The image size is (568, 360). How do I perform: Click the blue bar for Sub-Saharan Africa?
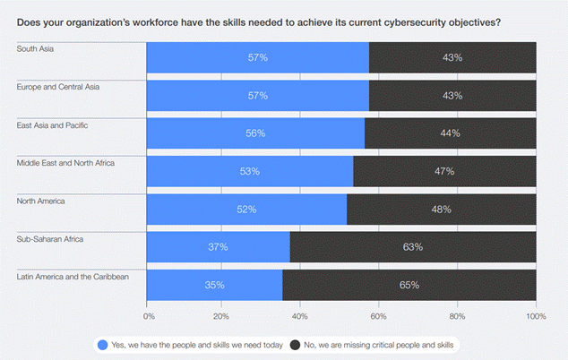coord(218,247)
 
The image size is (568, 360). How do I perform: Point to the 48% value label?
coord(441,210)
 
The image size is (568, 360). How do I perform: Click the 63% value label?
coord(413,247)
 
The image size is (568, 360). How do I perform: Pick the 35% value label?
coord(214,285)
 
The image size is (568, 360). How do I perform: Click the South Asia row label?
coord(35,48)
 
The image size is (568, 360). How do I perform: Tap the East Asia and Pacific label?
coord(55,124)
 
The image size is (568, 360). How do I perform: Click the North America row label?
coord(42,201)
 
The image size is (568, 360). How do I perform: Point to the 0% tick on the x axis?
coord(149,315)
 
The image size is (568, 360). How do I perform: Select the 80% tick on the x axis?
coord(459,315)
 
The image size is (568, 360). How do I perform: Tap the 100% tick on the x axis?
coord(536,315)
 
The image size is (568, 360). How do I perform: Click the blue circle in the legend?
coord(103,344)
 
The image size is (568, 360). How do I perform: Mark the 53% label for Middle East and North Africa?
coord(249,171)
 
